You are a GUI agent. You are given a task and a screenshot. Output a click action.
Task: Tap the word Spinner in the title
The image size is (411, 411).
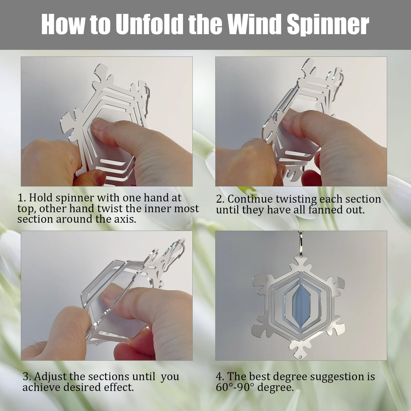coord(328,24)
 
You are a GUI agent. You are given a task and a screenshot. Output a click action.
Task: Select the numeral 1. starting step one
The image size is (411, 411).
coord(22,198)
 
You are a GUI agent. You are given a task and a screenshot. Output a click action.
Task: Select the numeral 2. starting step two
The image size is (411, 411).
coord(220,199)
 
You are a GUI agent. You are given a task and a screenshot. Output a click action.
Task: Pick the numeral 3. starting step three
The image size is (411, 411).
coord(27,376)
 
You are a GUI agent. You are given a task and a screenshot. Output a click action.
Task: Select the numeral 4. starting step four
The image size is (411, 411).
coord(220,376)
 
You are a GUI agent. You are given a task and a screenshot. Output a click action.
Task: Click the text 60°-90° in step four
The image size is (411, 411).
coord(235,387)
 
